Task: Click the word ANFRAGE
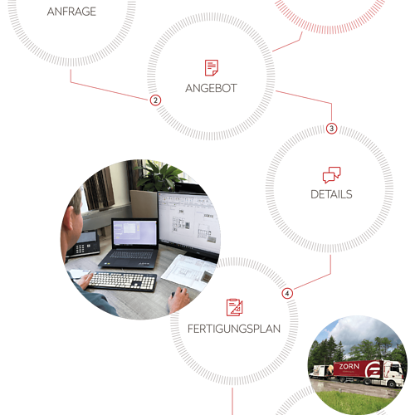pyautogui.click(x=71, y=12)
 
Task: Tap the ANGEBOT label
pyautogui.click(x=211, y=89)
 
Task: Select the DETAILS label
pyautogui.click(x=331, y=194)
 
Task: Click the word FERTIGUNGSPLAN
pyautogui.click(x=234, y=329)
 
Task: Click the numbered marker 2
pyautogui.click(x=155, y=100)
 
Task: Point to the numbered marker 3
pyautogui.click(x=331, y=129)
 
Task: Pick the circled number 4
pyautogui.click(x=287, y=293)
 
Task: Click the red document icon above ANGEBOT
pyautogui.click(x=212, y=68)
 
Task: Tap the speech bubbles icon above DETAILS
pyautogui.click(x=332, y=175)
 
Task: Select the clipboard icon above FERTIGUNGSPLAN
pyautogui.click(x=235, y=307)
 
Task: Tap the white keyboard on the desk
pyautogui.click(x=122, y=281)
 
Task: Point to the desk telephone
pyautogui.click(x=83, y=244)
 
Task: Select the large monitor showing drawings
pyautogui.click(x=189, y=222)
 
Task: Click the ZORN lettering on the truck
pyautogui.click(x=349, y=366)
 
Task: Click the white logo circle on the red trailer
pyautogui.click(x=373, y=370)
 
